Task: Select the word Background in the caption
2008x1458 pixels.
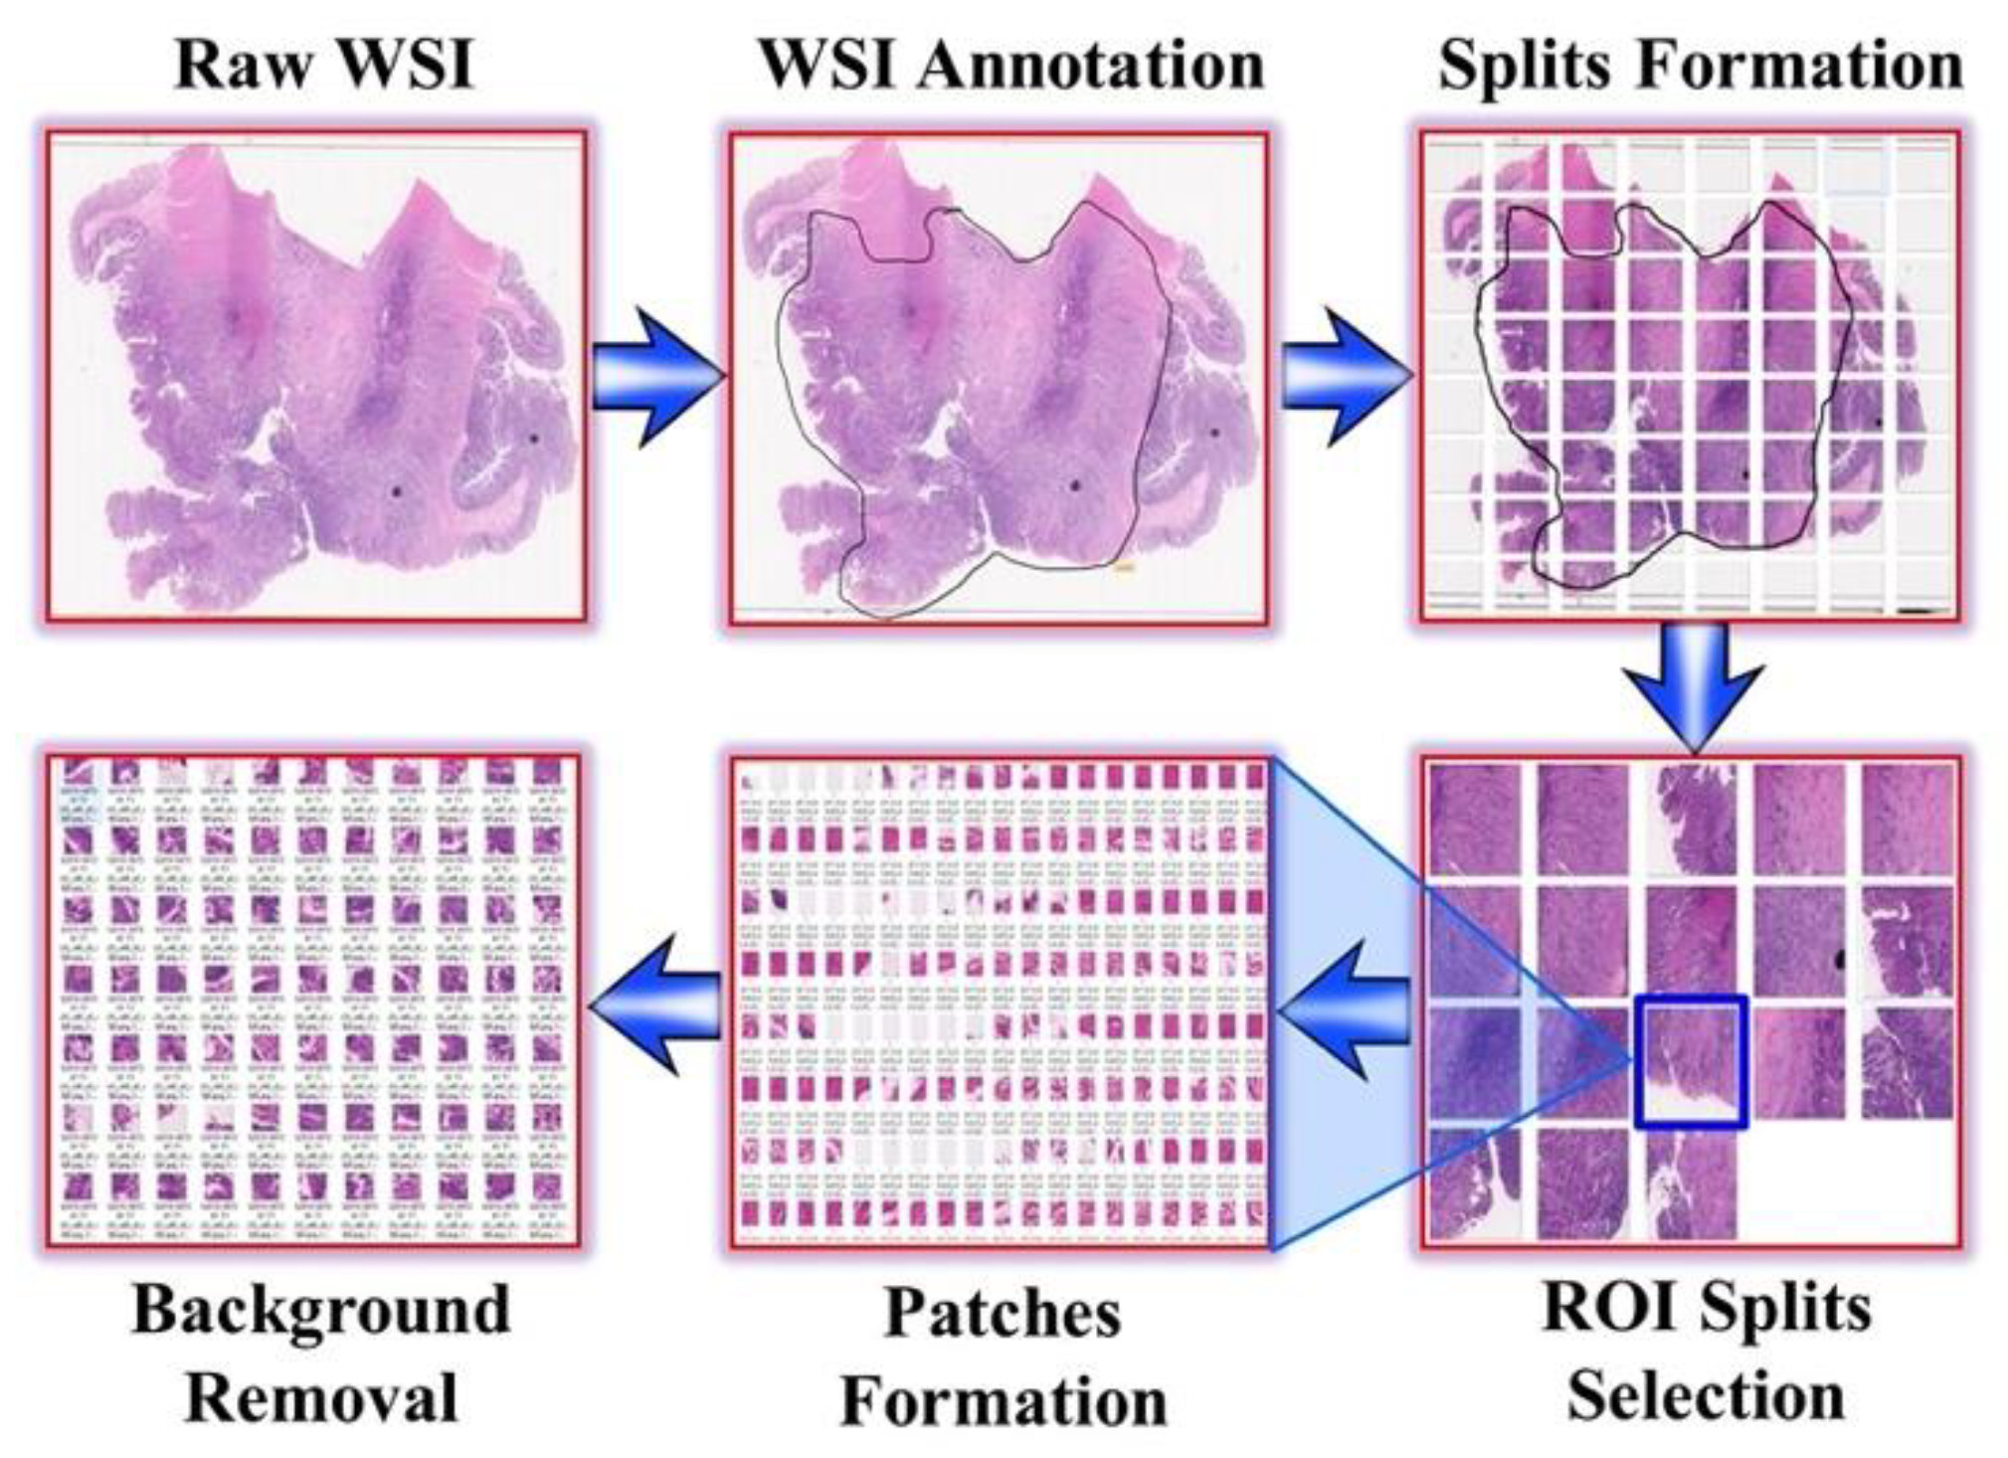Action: tap(321, 1311)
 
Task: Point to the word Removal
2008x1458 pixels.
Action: tap(321, 1397)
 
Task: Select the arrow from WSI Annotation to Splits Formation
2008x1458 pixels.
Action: tap(1344, 377)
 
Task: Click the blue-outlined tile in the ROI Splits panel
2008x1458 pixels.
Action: tap(1691, 1062)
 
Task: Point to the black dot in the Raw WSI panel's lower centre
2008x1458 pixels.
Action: tap(397, 491)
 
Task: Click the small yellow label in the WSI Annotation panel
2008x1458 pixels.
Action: tap(1124, 568)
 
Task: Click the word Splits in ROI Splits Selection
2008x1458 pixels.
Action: tap(1784, 1309)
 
